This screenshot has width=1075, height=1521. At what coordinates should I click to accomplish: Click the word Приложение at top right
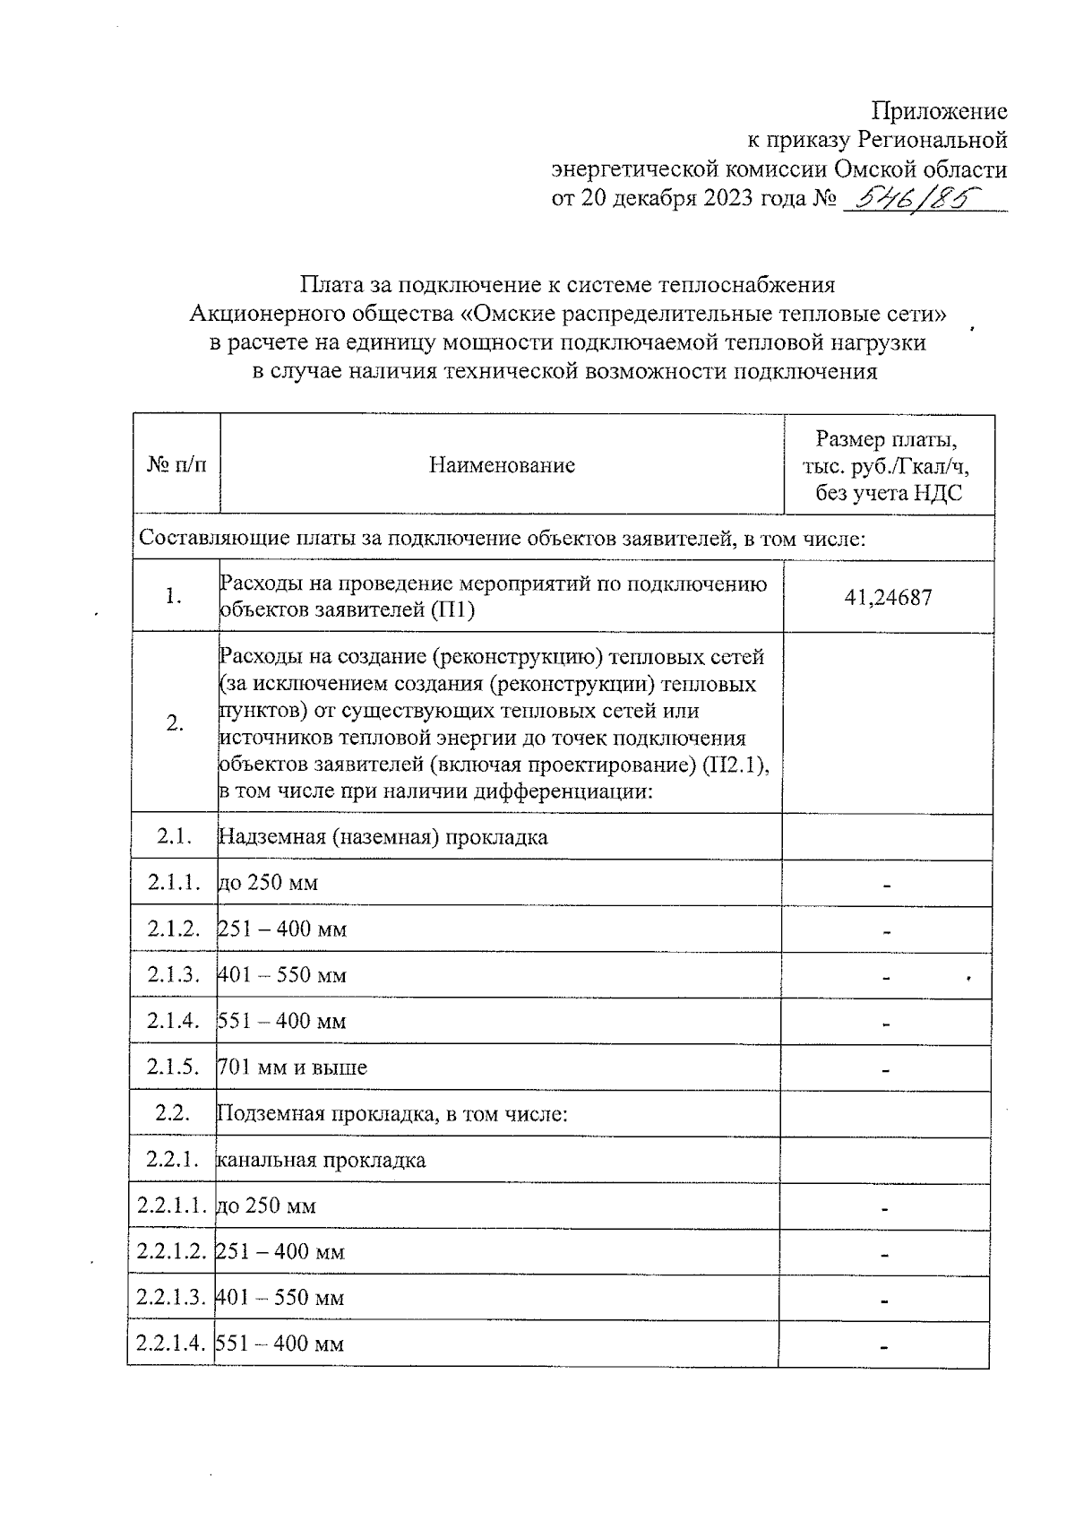click(940, 112)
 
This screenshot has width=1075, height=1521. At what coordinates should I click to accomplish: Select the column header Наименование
click(502, 465)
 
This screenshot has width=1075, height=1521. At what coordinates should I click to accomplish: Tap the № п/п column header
click(176, 465)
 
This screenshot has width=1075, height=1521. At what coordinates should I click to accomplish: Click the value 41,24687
click(888, 597)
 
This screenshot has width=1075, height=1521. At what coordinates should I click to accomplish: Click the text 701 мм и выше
click(293, 1067)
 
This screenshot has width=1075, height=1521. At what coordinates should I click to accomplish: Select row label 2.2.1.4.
click(171, 1344)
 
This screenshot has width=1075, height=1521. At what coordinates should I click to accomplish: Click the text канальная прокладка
click(322, 1161)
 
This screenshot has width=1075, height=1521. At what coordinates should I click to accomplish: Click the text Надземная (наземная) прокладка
click(383, 837)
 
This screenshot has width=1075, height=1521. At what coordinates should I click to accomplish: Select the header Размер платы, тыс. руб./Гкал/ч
click(888, 465)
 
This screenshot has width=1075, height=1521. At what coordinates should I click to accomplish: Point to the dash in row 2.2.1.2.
click(884, 1255)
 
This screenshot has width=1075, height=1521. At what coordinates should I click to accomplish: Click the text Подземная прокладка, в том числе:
click(392, 1114)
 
